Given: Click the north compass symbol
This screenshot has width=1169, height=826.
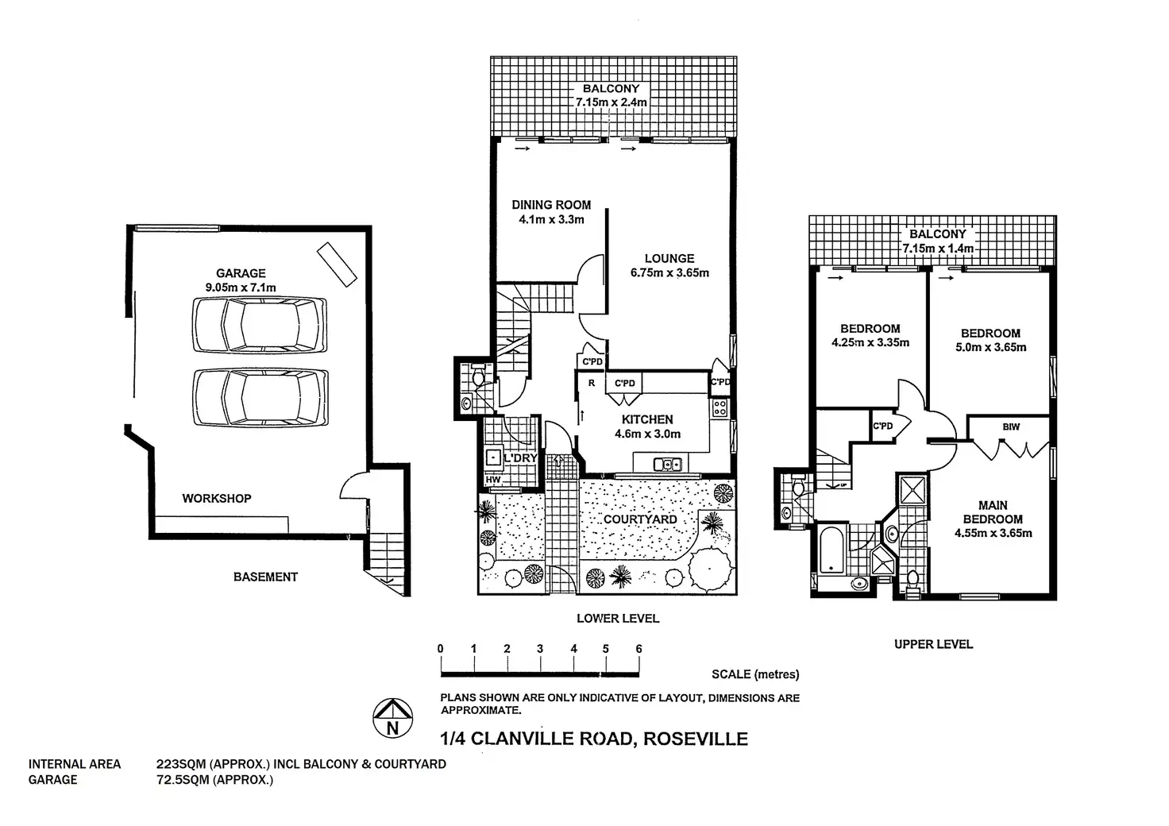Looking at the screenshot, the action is click(x=392, y=717).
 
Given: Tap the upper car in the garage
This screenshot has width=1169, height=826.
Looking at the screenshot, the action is click(x=260, y=324).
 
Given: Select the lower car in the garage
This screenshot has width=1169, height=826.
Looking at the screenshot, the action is click(x=260, y=396).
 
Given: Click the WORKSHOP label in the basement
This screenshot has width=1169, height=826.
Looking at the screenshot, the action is click(x=217, y=498).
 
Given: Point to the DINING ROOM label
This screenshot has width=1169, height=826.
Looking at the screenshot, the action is click(x=551, y=205).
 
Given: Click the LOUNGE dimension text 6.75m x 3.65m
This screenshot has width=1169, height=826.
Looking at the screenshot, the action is click(x=669, y=272).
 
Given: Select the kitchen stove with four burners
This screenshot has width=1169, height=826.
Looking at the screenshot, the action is click(x=720, y=407).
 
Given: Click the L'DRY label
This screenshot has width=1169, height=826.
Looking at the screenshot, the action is click(x=521, y=458).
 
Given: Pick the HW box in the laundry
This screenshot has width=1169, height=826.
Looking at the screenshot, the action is click(x=492, y=480).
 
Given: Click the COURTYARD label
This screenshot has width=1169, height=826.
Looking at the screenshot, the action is click(x=640, y=519).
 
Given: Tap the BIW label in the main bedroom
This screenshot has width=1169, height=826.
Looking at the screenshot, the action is click(x=1011, y=427).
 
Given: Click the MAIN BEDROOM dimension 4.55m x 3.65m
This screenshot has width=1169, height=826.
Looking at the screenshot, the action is click(x=993, y=533).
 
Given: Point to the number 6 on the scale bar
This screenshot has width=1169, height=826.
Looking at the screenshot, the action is click(x=639, y=649).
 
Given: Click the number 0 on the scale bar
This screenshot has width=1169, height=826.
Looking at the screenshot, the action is click(x=441, y=649).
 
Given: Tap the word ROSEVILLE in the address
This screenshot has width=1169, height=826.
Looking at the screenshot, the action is click(x=695, y=739).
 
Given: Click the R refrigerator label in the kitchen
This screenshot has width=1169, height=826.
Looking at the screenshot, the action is click(x=591, y=383).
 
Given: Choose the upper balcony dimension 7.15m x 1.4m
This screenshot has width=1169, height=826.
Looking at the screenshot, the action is click(x=938, y=249).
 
